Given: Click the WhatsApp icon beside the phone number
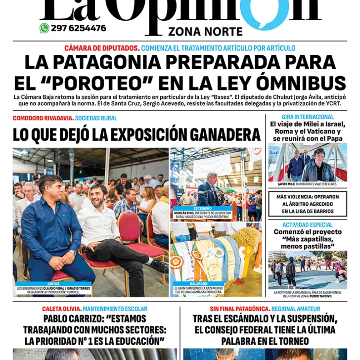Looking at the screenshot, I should tap(45, 28).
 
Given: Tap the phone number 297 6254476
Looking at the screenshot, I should tap(78, 28).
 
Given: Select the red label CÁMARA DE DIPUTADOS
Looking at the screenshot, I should tap(102, 48).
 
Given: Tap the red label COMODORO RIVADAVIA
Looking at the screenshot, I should tap(43, 118).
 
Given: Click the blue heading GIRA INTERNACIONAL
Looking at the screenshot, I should tap(308, 117).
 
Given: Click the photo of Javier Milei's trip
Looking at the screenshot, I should tap(307, 162).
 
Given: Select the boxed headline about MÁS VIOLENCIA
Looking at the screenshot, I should tap(308, 204).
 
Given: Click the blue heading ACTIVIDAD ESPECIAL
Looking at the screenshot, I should tap(308, 225).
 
